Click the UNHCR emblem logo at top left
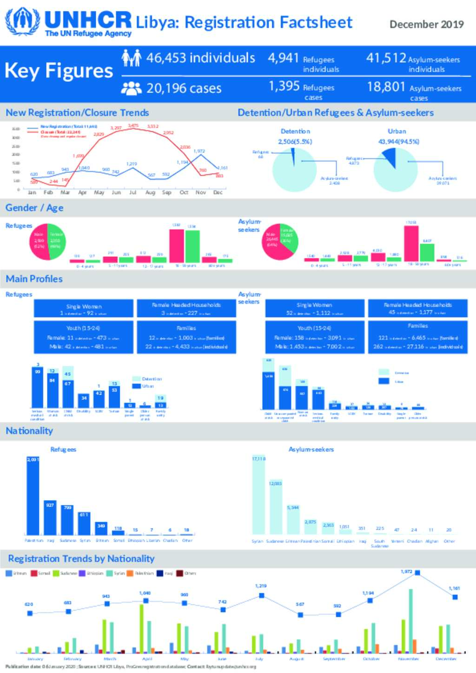pos(22,21)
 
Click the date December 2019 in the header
pos(426,25)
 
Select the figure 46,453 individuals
pos(200,58)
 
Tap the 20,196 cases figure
pos(184,88)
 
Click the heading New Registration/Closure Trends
pos(77,113)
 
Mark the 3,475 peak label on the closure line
pos(133,125)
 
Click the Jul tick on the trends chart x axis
pos(132,192)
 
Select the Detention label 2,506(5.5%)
pos(295,142)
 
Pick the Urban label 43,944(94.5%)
pos(398,142)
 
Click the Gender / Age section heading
pos(34,208)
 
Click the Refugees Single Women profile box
pos(84,309)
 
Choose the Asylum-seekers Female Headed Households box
pos(417,309)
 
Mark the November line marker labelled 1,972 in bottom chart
pos(417,573)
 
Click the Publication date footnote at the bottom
pos(131,666)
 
